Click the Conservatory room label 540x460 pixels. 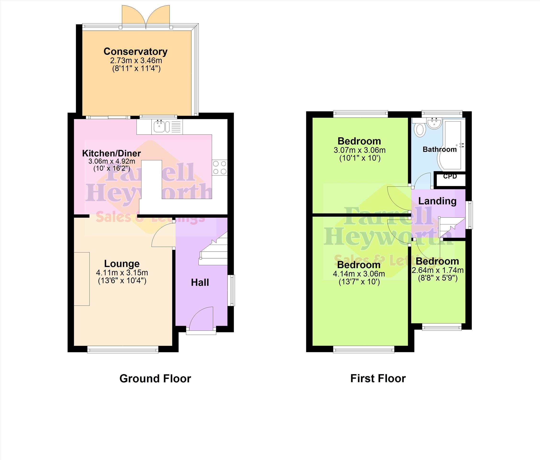pyautogui.click(x=135, y=51)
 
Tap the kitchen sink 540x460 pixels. pyautogui.click(x=159, y=126)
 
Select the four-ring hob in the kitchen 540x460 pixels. pyautogui.click(x=220, y=167)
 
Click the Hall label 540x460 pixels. pyautogui.click(x=200, y=282)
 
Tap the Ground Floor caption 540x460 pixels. pyautogui.click(x=155, y=379)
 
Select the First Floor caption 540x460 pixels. pyautogui.click(x=378, y=379)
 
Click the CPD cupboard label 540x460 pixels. pyautogui.click(x=450, y=176)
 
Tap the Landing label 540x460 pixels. pyautogui.click(x=437, y=201)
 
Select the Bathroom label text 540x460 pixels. pyautogui.click(x=440, y=149)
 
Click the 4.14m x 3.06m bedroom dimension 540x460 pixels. pyautogui.click(x=359, y=274)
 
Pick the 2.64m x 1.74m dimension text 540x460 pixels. pyautogui.click(x=438, y=270)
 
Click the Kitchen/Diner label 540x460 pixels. pyautogui.click(x=112, y=153)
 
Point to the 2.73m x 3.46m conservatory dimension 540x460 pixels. pyautogui.click(x=136, y=61)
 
